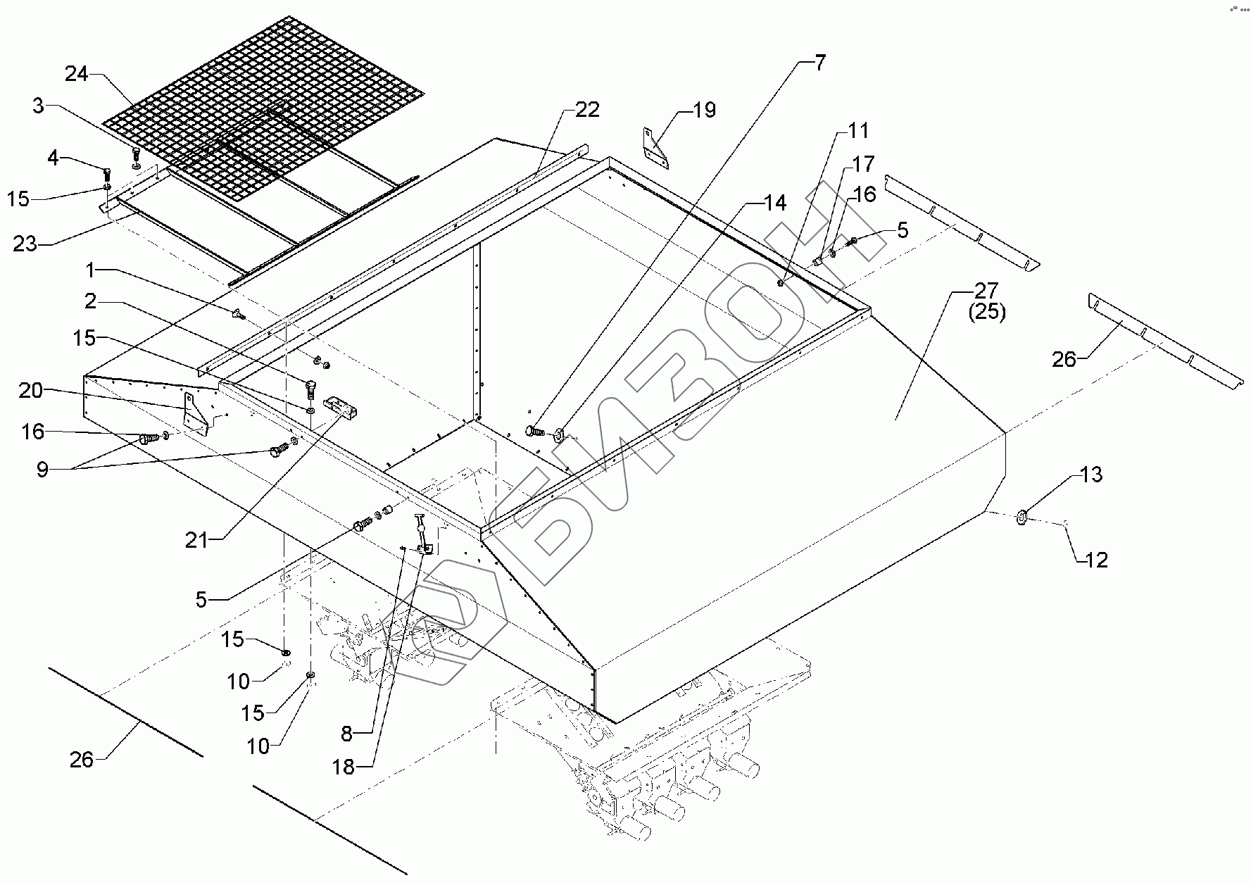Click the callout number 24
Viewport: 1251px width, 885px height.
(77, 73)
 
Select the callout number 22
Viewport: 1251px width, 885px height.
(587, 109)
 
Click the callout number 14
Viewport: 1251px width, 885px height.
(775, 203)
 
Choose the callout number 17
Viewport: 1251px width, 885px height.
(863, 164)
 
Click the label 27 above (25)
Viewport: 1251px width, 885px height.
(986, 290)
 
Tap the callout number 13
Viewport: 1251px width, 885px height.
(1090, 475)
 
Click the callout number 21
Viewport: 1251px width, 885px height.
(197, 540)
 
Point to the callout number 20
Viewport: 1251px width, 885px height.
(31, 390)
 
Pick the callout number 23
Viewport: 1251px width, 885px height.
(25, 244)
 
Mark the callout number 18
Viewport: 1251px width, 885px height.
(344, 767)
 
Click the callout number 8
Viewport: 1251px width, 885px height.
(346, 733)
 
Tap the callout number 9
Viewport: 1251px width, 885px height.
(42, 470)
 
